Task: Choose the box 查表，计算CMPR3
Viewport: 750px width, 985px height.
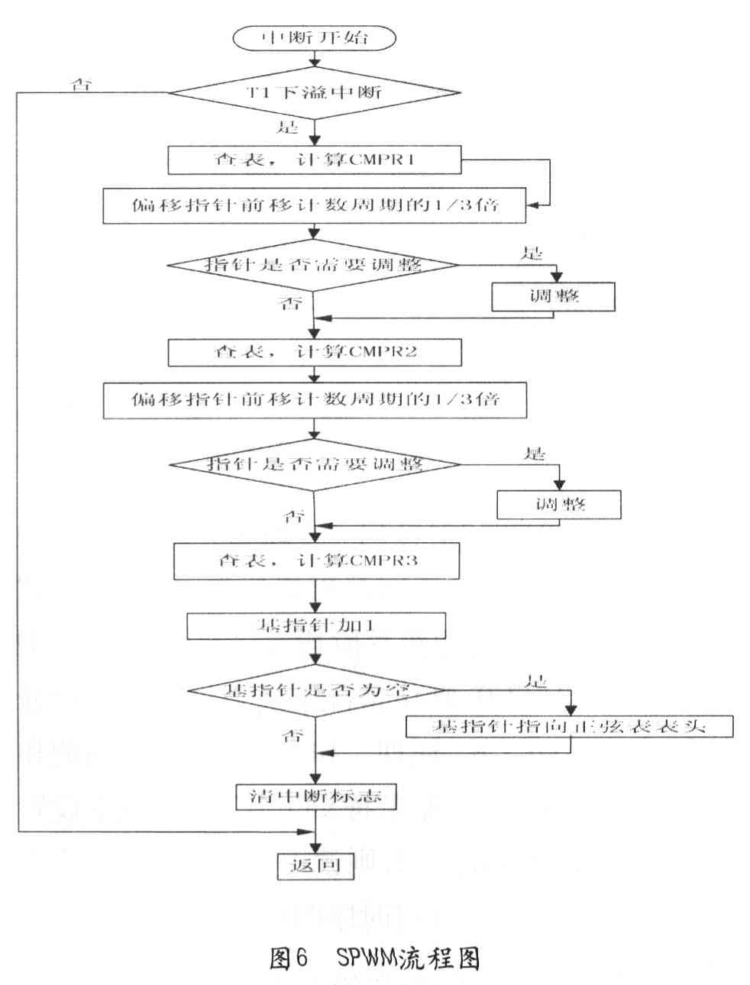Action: tap(316, 561)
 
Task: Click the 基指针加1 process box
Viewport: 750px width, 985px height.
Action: tap(316, 626)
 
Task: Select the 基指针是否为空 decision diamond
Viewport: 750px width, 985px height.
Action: tap(316, 690)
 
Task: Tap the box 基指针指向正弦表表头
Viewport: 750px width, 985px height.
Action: tap(569, 725)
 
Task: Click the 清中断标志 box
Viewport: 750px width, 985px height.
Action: tap(316, 797)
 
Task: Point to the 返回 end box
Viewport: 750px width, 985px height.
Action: tap(315, 865)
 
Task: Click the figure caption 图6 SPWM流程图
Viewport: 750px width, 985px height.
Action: tap(374, 958)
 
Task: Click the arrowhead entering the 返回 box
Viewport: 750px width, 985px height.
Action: tap(315, 848)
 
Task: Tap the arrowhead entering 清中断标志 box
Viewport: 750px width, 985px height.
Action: tap(316, 780)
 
